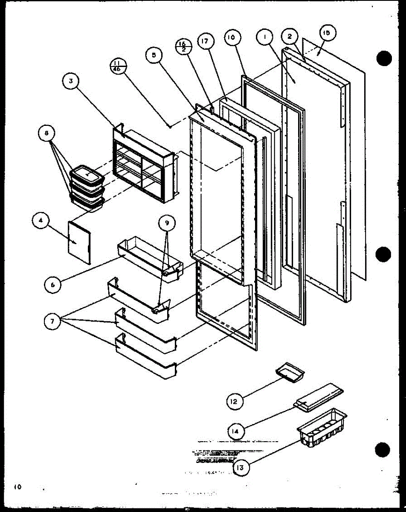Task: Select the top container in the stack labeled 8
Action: click(x=87, y=175)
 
